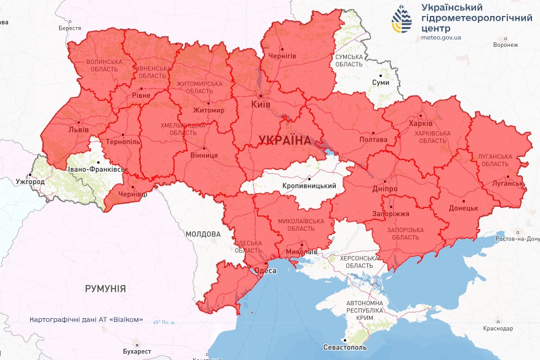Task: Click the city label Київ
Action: (260, 105)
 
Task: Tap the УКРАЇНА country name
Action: (285, 140)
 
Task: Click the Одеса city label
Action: (266, 270)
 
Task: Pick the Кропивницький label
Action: (309, 185)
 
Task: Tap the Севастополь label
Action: (346, 347)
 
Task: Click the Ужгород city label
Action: (30, 182)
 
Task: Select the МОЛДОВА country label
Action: (202, 234)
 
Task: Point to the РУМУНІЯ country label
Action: (105, 288)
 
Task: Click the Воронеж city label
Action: (505, 45)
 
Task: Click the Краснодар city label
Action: (498, 329)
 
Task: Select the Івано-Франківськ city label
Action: (98, 169)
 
